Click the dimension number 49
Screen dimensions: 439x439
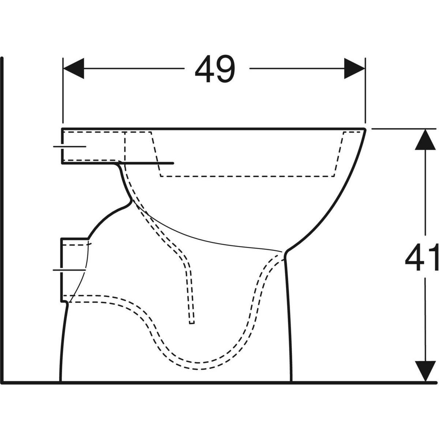click(215, 70)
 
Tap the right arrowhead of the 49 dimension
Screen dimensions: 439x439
click(354, 68)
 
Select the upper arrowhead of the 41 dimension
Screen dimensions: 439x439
click(425, 140)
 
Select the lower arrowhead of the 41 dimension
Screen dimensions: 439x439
click(425, 370)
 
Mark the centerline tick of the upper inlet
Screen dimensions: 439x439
click(70, 146)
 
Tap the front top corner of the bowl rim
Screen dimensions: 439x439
click(365, 129)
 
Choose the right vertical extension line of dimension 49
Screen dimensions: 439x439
click(365, 91)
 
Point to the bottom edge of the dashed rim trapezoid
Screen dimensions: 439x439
click(247, 176)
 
